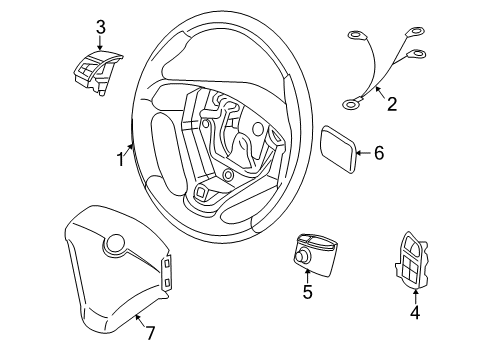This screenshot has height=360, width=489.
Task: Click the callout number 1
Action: tap(120, 158)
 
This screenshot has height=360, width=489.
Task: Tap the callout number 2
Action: tap(392, 102)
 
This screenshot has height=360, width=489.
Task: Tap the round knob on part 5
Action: tap(299, 257)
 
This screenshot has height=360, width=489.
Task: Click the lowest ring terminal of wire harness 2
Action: tap(350, 100)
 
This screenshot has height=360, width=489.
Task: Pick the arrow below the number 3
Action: tap(99, 43)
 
